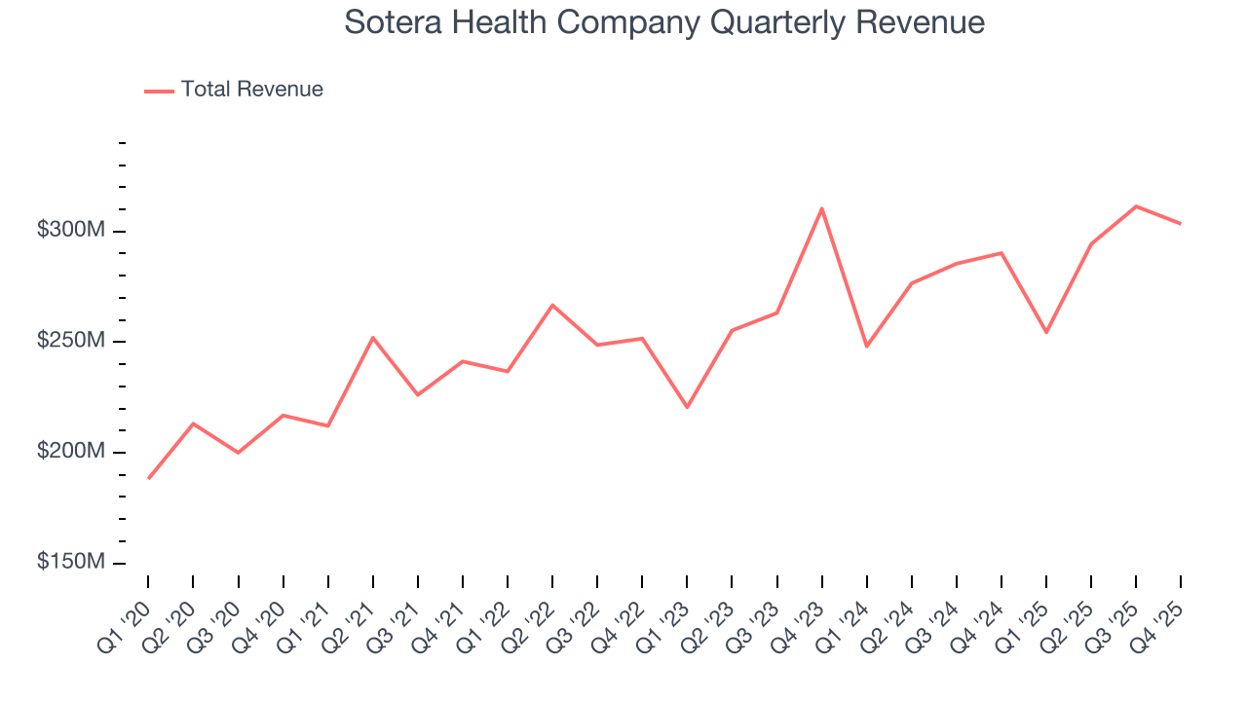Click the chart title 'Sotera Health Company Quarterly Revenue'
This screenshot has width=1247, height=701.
point(664,22)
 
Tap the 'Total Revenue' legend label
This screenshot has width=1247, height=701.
point(251,90)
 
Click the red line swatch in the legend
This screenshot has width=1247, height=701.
point(159,91)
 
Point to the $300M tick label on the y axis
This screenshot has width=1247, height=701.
point(71,231)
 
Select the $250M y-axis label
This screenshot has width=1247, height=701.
point(71,342)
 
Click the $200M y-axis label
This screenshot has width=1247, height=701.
point(71,453)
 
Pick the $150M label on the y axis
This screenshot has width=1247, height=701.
point(71,563)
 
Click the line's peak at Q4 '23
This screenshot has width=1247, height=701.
point(822,208)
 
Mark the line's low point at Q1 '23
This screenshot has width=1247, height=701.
point(687,407)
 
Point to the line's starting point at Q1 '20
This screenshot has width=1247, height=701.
point(148,478)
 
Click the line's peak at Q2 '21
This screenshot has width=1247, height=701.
point(373,338)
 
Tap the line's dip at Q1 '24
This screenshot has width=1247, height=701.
point(866,346)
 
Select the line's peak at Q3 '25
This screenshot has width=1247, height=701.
point(1136,206)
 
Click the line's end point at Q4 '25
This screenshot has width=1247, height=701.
point(1181,224)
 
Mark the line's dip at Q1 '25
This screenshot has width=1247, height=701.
point(1046,332)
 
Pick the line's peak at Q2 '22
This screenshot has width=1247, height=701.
point(552,306)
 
